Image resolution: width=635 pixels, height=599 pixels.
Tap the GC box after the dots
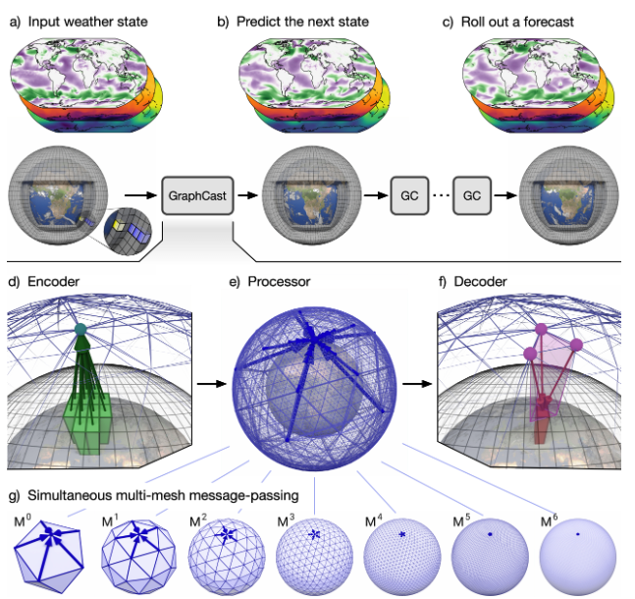[x=472, y=195]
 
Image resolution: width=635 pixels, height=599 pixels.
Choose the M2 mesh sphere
[x=228, y=553]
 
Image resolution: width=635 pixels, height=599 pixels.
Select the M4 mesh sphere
[x=402, y=554]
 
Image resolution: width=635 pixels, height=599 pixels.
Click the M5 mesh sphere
[x=490, y=554]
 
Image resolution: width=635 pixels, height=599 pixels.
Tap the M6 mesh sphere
[x=579, y=554]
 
